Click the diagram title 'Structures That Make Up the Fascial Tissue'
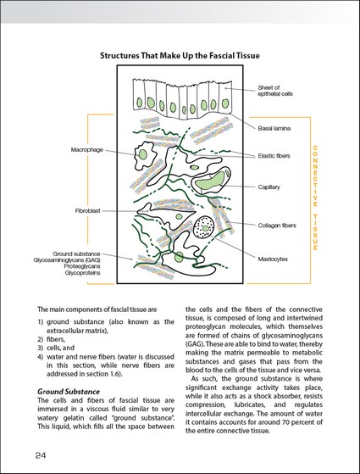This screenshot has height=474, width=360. (180, 56)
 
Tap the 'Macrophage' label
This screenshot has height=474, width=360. (87, 149)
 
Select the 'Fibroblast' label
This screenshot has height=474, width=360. (87, 210)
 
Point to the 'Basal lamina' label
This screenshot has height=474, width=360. (274, 128)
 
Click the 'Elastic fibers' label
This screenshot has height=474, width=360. (274, 156)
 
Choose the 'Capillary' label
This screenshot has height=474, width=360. (269, 187)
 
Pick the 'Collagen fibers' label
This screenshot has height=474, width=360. (277, 226)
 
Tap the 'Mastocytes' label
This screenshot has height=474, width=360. (273, 259)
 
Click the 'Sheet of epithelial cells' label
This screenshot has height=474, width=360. (275, 91)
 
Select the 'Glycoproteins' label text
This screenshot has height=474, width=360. (82, 273)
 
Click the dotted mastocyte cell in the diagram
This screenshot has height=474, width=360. (203, 227)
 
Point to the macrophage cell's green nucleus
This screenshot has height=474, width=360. (143, 155)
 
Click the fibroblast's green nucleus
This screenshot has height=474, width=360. (179, 216)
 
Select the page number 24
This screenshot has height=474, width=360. (41, 455)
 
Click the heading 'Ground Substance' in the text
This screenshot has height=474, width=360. (69, 392)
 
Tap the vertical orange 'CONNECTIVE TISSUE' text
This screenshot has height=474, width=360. (315, 198)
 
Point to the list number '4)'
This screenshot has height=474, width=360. (41, 357)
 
